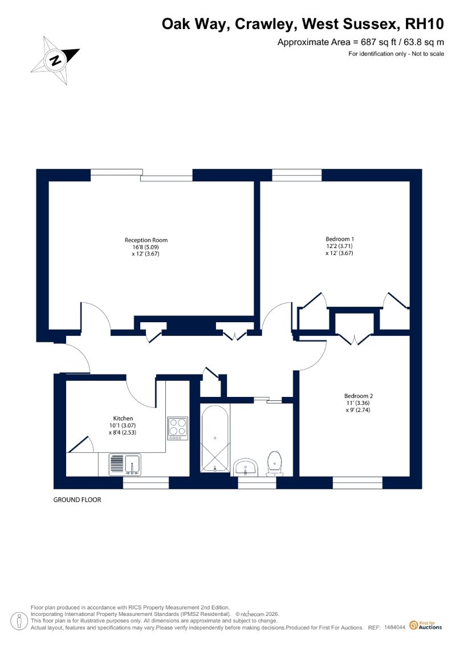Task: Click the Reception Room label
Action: (146, 240)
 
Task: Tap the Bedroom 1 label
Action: (340, 239)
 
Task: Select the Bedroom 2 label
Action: (359, 396)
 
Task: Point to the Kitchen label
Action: (123, 419)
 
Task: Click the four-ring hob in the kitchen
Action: (178, 429)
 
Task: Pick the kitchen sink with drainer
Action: (125, 464)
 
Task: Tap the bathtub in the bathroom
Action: (215, 439)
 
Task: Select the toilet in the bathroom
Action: (275, 464)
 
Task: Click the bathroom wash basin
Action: (246, 468)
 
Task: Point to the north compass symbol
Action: (55, 60)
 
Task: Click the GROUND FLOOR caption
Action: (78, 500)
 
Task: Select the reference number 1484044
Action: (395, 627)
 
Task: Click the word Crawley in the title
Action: (266, 25)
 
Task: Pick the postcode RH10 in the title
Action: (425, 24)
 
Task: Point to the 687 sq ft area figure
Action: (378, 42)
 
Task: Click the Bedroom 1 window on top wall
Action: (297, 175)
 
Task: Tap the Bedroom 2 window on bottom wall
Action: (357, 483)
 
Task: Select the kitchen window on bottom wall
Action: (146, 483)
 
